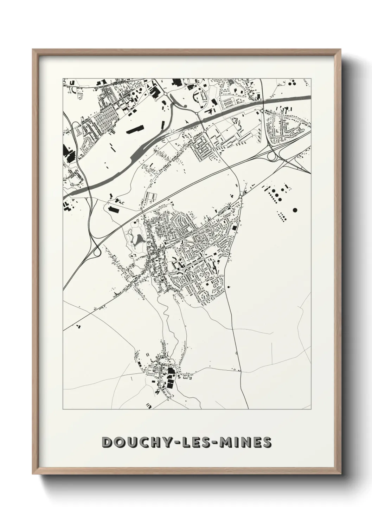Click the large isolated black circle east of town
(295, 210)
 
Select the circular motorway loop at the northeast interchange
(272, 156)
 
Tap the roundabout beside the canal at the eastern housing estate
(262, 111)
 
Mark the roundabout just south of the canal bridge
(205, 131)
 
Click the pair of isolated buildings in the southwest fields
(78, 327)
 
